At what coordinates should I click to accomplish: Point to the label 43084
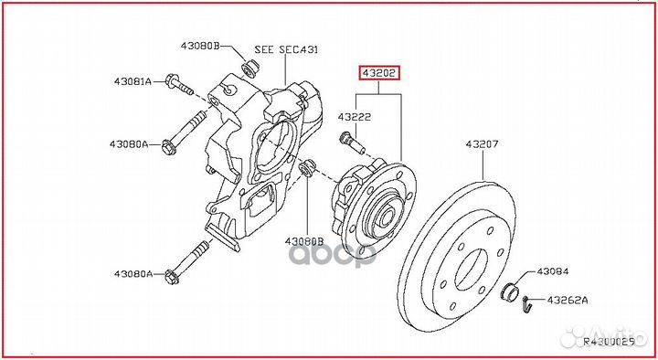pos(552,271)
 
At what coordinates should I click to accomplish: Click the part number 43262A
pos(568,299)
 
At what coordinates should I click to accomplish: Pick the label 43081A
pos(133,81)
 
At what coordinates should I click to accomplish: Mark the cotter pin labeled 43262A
pos(528,306)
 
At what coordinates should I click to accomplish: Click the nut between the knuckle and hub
pos(308,167)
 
